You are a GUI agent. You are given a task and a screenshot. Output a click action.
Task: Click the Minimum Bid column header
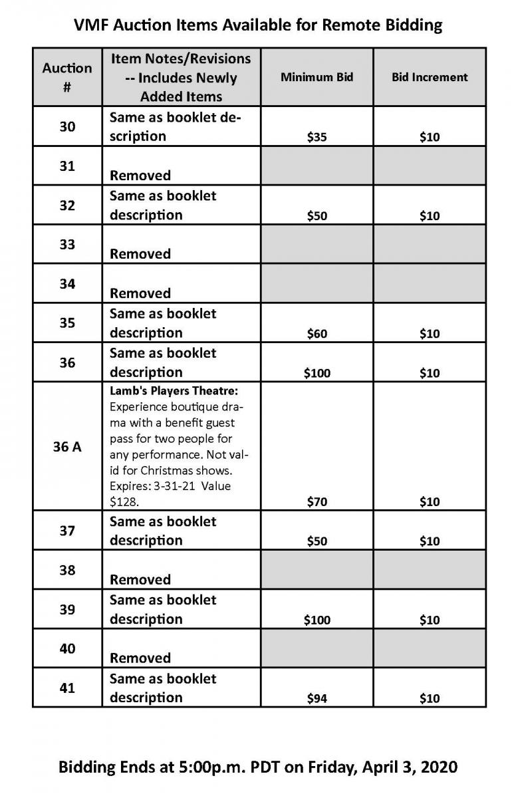click(x=317, y=77)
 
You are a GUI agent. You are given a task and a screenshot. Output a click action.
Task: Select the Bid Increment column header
click(x=430, y=77)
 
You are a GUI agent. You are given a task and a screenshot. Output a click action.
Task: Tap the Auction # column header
click(x=67, y=77)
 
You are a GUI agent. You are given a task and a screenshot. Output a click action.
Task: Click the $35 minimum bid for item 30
click(x=317, y=138)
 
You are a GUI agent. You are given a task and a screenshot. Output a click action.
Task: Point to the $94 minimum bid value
click(x=317, y=698)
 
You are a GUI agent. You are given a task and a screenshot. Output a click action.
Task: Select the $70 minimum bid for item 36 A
click(x=317, y=502)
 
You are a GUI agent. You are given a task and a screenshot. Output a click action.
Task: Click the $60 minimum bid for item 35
click(x=317, y=333)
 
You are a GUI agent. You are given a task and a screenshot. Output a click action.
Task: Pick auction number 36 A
click(x=67, y=447)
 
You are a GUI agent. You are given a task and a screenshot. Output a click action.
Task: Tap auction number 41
click(x=67, y=688)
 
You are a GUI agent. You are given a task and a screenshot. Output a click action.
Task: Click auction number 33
click(x=67, y=244)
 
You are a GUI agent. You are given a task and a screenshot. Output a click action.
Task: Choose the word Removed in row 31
click(x=140, y=176)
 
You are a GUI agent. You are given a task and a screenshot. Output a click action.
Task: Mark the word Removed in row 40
click(x=140, y=658)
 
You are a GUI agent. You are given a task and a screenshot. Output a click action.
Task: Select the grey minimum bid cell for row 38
click(x=317, y=570)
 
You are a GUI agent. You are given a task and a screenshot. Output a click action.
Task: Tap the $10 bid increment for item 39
click(x=430, y=620)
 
